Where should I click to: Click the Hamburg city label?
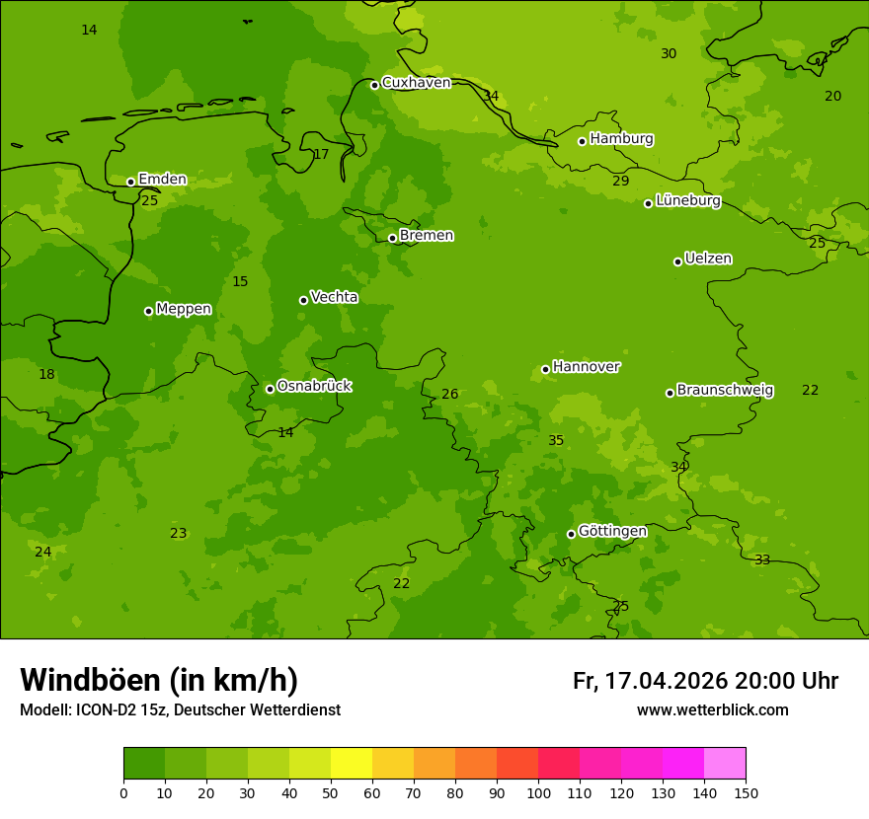[x=621, y=139]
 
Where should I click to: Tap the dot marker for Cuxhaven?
[x=375, y=85]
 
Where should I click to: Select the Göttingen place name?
[x=612, y=532]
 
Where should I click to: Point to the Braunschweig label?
[x=725, y=391]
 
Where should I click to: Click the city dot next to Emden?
[x=130, y=182]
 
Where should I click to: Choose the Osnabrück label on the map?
[x=314, y=387]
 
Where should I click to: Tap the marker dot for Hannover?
[x=545, y=370]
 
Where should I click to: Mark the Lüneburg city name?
[x=688, y=201]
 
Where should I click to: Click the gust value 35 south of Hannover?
[x=556, y=441]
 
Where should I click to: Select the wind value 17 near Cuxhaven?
[x=321, y=155]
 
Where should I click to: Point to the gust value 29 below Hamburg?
[x=620, y=182]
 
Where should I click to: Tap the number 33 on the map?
[x=762, y=560]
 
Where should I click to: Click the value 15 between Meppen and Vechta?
[x=240, y=282]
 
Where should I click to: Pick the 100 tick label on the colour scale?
[x=538, y=793]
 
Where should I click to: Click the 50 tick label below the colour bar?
[x=331, y=793]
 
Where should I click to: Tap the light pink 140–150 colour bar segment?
[x=724, y=764]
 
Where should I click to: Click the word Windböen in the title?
[x=90, y=681]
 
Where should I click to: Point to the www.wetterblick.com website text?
[x=712, y=710]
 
